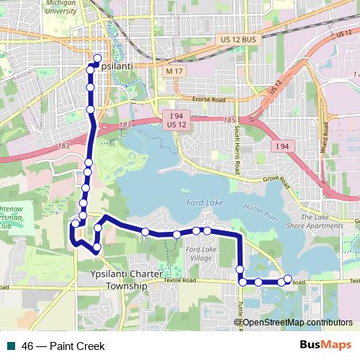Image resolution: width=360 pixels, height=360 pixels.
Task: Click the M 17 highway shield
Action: (x=174, y=72)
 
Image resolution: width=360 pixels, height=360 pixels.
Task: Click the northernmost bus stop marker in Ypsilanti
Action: (x=97, y=58)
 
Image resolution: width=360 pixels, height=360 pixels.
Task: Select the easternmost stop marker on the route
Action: (x=288, y=279)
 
